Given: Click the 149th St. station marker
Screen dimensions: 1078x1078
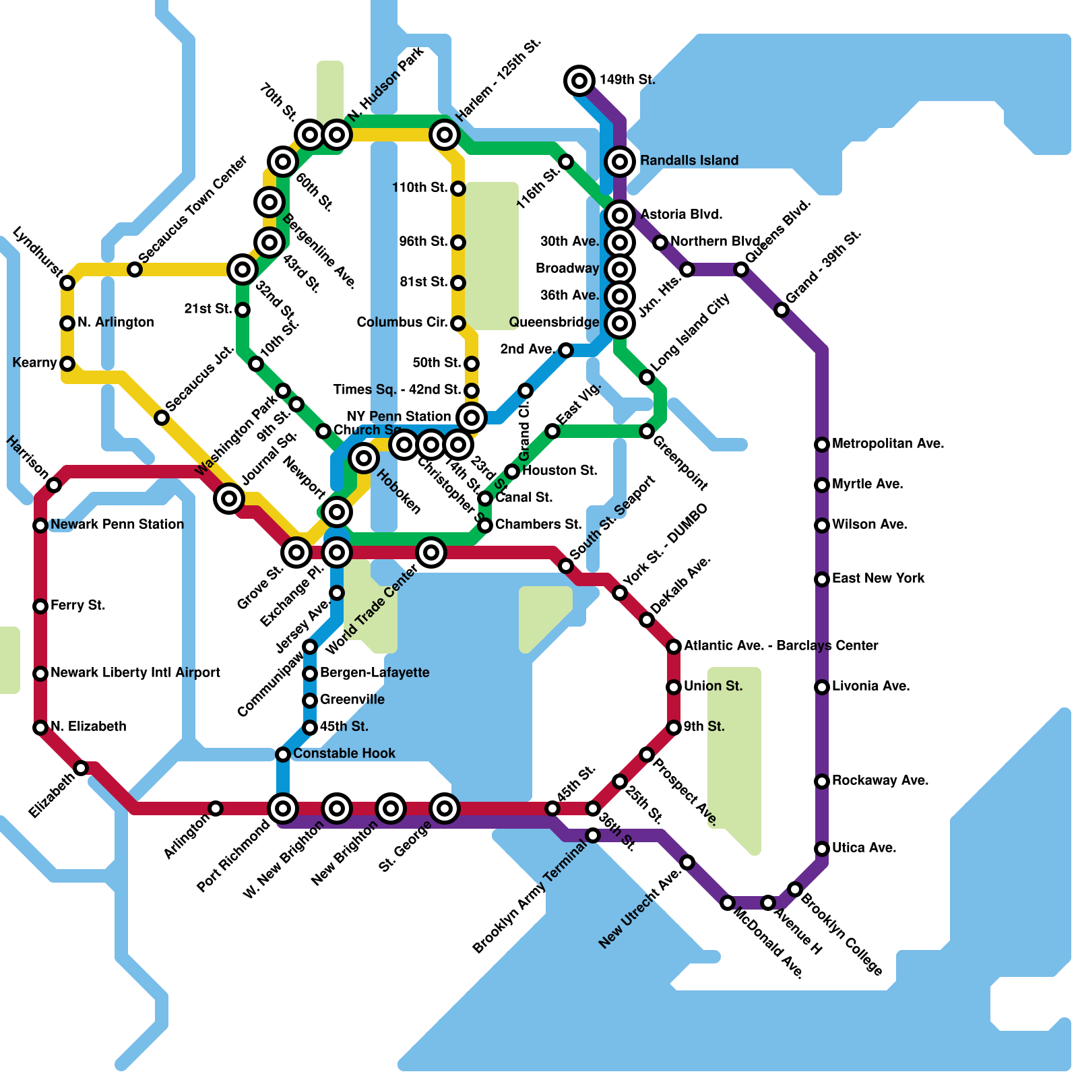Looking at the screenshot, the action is (579, 81).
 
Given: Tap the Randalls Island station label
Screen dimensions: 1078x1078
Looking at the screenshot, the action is (689, 160).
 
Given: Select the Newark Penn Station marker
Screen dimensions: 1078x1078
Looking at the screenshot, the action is (40, 526).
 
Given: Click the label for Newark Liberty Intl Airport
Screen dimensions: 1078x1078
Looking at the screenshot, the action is (135, 672).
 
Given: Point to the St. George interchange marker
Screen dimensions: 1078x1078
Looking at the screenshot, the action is (445, 808).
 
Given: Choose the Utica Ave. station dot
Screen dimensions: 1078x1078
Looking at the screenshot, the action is (822, 849).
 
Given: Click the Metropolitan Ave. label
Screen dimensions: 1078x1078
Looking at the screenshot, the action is (887, 443).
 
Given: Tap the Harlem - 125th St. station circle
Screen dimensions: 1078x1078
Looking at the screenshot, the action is (445, 135).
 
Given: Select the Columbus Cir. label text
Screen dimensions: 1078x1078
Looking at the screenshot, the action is (402, 322).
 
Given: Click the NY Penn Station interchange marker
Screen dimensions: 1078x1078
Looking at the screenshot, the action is (472, 418).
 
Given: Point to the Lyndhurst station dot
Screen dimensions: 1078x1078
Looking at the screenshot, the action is (67, 283).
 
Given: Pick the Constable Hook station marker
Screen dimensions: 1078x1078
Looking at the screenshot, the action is (283, 755).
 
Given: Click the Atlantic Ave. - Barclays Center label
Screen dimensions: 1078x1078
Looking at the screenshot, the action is (780, 645).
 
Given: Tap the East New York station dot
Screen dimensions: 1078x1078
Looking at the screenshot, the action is (822, 579).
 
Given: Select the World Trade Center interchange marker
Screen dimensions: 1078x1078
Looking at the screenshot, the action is (431, 552).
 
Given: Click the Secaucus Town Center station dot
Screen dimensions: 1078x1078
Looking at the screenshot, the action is (135, 269).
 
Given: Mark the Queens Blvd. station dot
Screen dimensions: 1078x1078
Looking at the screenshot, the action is (741, 269).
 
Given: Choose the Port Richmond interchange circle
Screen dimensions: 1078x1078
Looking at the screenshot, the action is (283, 808).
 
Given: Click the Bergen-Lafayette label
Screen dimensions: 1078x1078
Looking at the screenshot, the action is (374, 672).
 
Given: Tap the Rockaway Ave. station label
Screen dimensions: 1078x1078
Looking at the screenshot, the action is (880, 780).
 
